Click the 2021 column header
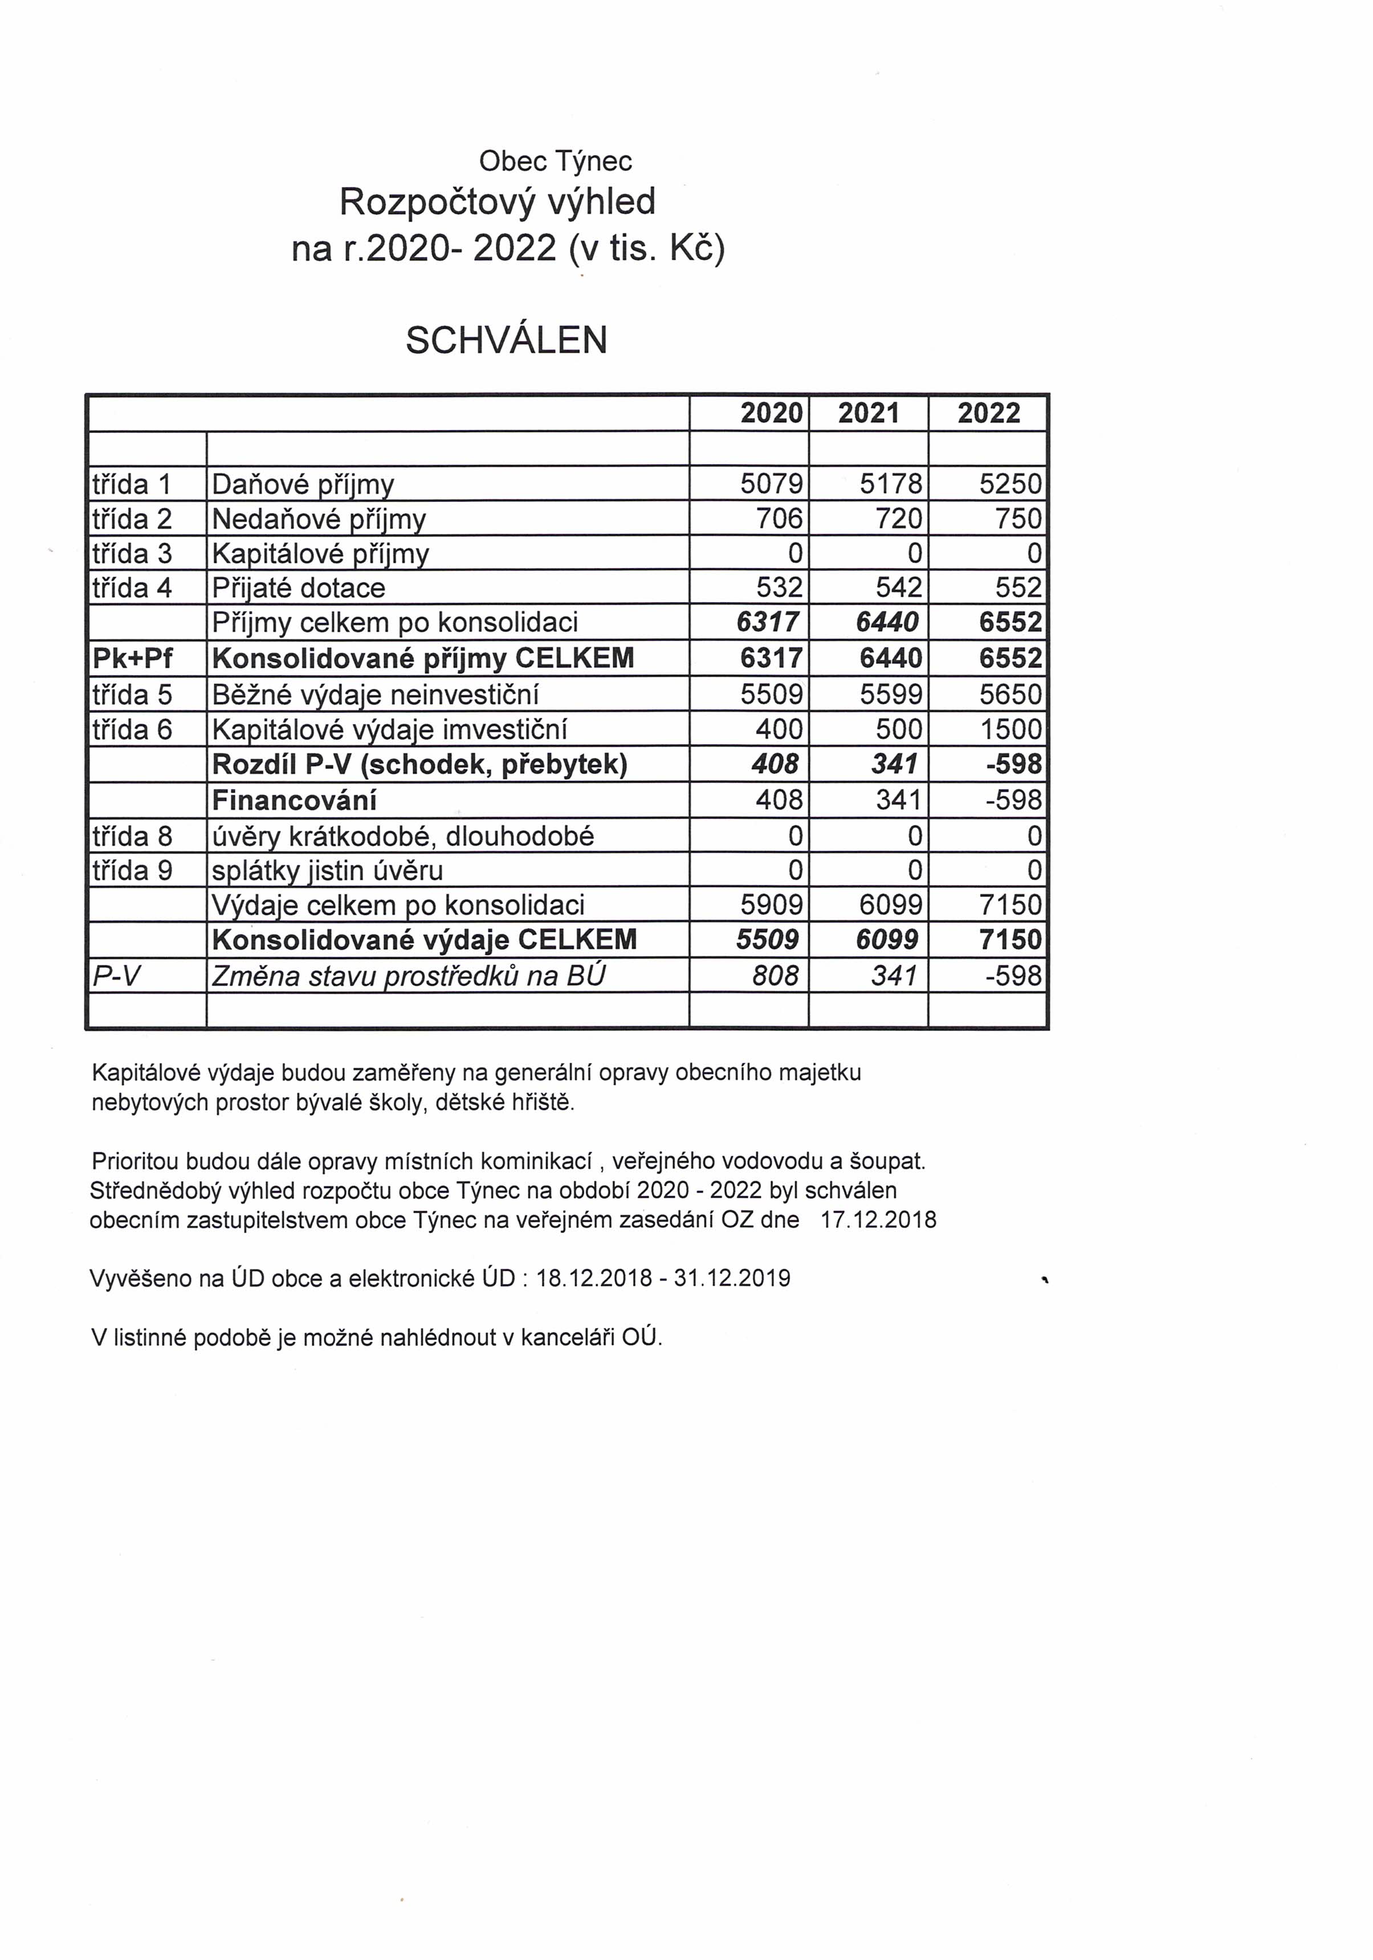pos(869,413)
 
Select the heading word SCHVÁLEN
pos(506,340)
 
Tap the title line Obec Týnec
pos(556,160)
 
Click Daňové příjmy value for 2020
pos(771,484)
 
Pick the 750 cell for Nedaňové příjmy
pos(1018,519)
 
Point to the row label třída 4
pos(132,588)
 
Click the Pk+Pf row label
pos(132,658)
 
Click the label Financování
pos(295,801)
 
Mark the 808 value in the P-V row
pos(775,975)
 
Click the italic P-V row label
pos(116,976)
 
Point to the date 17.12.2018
pos(878,1220)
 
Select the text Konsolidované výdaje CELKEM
pos(424,940)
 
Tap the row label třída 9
pos(132,871)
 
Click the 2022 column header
pos(988,413)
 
